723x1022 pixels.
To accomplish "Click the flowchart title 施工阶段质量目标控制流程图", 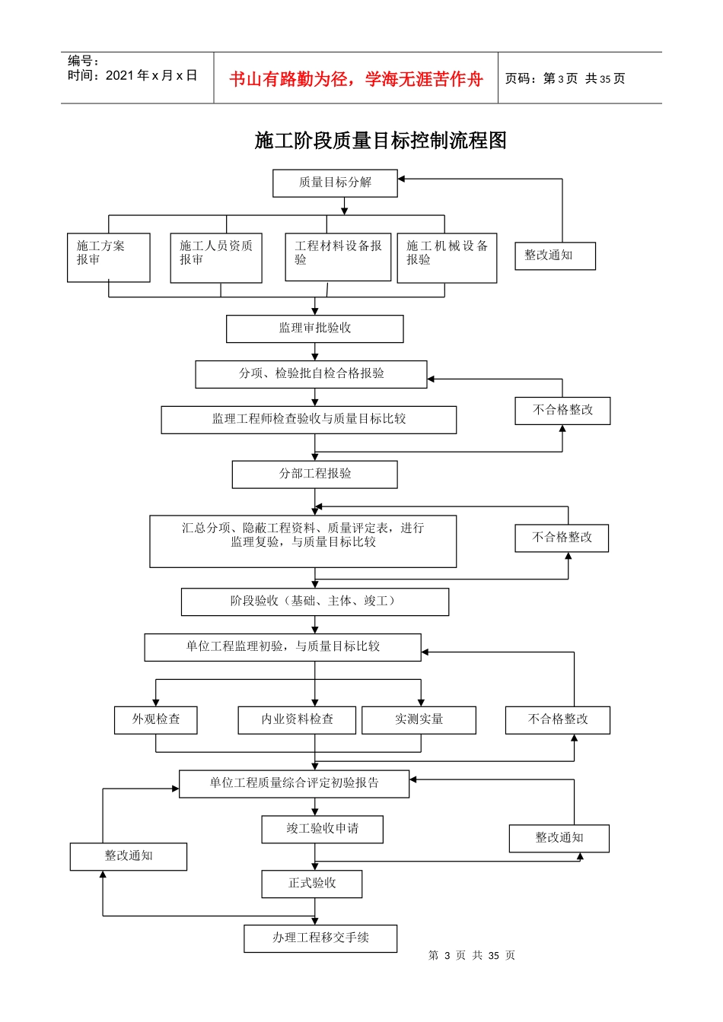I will pos(381,141).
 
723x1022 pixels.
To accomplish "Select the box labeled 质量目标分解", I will pos(335,182).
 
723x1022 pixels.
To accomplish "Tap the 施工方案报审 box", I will pos(108,257).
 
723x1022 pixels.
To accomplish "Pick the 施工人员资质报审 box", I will pos(216,257).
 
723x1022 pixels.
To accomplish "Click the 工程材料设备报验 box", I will pos(338,256).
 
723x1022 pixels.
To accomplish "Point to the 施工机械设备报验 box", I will pos(447,257).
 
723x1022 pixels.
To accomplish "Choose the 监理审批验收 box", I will pos(314,328).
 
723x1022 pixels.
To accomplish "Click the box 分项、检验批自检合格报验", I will pos(311,373).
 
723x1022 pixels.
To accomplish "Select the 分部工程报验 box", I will pos(314,474).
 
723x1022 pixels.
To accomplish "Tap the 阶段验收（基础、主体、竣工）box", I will pos(314,601).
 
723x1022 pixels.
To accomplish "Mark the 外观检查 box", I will pos(155,719).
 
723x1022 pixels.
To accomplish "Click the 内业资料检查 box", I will pos(297,719).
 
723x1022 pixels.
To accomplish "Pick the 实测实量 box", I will pos(419,719).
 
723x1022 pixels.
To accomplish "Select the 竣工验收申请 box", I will pos(322,829).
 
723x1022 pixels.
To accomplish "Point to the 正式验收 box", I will pos(311,884).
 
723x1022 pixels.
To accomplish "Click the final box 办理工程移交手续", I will pos(320,938).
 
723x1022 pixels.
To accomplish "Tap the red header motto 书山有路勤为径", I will pos(355,79).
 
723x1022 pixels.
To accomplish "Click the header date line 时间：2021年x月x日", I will pos(132,75).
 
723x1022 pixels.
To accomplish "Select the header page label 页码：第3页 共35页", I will pos(565,79).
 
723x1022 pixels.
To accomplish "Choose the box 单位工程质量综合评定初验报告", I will pos(294,783).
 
